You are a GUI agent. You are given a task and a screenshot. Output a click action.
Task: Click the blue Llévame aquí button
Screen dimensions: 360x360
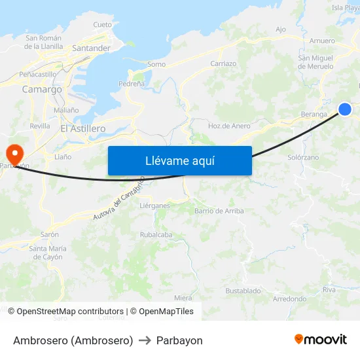(x=179, y=160)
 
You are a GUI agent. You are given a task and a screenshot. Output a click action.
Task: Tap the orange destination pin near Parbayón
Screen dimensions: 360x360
(x=14, y=154)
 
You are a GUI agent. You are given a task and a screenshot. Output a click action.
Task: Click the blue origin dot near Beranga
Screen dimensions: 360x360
(x=345, y=109)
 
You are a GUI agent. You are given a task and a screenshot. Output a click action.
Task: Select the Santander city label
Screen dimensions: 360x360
(x=91, y=48)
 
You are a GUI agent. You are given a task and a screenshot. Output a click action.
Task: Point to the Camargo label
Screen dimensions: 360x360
(x=42, y=89)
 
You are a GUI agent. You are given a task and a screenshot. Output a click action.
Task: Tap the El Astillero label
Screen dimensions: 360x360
(x=82, y=128)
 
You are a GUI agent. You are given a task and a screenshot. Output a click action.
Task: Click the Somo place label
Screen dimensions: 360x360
(x=156, y=64)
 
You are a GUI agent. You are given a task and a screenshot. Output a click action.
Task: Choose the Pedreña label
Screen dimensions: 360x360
(x=131, y=84)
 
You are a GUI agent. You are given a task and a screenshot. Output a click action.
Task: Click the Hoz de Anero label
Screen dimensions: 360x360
(x=229, y=126)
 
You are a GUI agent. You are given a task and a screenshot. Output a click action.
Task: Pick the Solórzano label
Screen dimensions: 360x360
(x=303, y=158)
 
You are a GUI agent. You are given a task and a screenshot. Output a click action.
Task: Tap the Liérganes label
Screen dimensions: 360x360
(x=154, y=205)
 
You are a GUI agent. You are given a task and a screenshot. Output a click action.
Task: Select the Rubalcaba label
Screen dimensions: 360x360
(x=156, y=235)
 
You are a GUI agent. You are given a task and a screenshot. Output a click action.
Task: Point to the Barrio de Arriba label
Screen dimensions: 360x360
(x=219, y=211)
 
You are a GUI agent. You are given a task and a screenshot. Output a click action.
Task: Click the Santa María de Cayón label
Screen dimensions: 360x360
(x=48, y=252)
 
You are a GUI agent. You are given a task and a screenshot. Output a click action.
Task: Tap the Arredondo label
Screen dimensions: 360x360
(x=289, y=298)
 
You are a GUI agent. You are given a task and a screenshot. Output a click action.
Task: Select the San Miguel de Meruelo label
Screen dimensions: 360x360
(x=315, y=62)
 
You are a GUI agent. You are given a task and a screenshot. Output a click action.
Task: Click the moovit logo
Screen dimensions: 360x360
(x=320, y=339)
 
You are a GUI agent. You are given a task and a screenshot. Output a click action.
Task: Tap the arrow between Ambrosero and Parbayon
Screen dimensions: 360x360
(x=145, y=340)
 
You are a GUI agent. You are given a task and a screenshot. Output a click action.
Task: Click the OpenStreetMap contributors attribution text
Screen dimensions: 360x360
(x=70, y=312)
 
